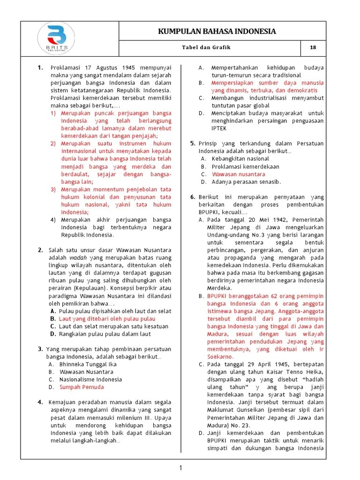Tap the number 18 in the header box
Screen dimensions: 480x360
click(x=313, y=48)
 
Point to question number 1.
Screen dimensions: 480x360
click(x=41, y=67)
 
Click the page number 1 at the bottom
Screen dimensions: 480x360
click(x=180, y=467)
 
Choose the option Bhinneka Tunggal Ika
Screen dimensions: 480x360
click(x=88, y=364)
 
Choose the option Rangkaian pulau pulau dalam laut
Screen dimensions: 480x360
click(x=105, y=334)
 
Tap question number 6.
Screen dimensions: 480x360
click(x=193, y=197)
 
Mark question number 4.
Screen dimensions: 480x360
click(x=41, y=402)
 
